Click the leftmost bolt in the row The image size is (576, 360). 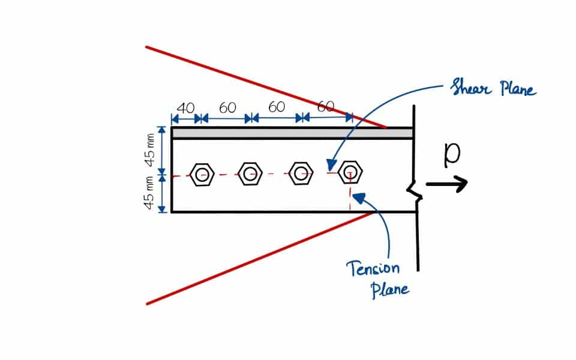203,175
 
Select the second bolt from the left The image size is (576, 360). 250,175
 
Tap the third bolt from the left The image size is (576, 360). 300,174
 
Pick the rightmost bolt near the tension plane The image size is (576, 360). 350,173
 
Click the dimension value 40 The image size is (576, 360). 185,108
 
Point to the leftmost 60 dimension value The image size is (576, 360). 227,108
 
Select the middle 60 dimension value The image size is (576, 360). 277,107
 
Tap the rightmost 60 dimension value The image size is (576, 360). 325,107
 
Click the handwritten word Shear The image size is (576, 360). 466,89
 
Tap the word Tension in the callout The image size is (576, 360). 373,268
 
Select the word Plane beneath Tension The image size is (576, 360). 390,289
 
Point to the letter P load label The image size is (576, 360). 451,154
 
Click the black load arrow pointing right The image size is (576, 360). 447,184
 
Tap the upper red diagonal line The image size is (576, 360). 264,86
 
